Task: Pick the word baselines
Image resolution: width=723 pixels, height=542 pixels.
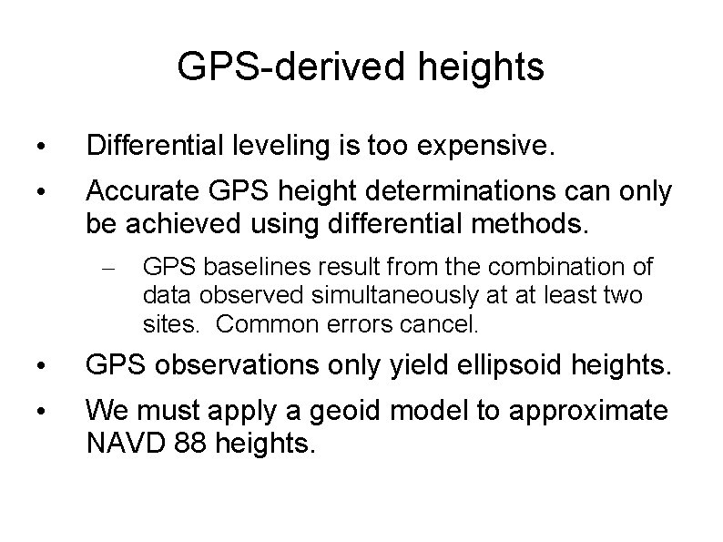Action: (231, 267)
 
